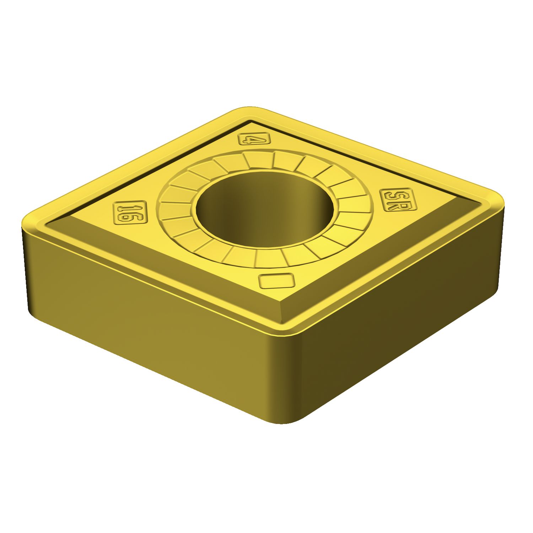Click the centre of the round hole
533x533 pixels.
[265, 209]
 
